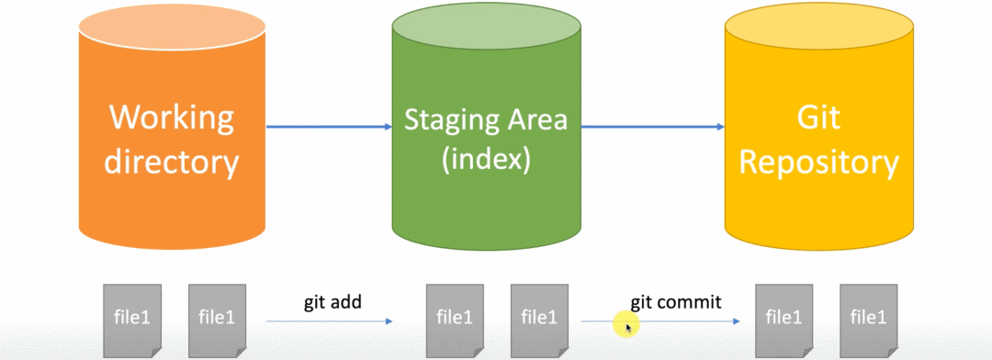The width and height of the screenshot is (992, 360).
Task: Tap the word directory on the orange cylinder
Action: [x=172, y=163]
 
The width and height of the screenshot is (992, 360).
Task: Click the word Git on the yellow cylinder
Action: [x=819, y=118]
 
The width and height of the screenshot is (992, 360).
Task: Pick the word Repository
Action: [x=819, y=163]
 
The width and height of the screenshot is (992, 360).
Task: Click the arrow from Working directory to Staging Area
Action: [x=329, y=127]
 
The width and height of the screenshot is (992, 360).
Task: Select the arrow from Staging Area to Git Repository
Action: [x=653, y=127]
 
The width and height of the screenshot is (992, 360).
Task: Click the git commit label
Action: [x=676, y=302]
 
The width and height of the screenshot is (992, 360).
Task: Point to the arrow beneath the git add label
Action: [x=329, y=321]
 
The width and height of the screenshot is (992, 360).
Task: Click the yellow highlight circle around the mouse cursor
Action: [x=626, y=324]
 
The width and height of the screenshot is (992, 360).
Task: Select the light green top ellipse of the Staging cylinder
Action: [x=486, y=25]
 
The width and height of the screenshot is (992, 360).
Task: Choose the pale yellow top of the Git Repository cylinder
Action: [x=819, y=26]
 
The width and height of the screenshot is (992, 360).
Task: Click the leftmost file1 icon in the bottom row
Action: [x=132, y=316]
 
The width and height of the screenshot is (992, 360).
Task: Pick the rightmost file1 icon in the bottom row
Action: [x=868, y=316]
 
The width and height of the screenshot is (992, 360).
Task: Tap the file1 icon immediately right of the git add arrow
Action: [x=455, y=316]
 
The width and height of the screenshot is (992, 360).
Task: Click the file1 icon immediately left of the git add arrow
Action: [x=217, y=316]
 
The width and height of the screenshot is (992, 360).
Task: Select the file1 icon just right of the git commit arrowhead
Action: [x=783, y=316]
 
